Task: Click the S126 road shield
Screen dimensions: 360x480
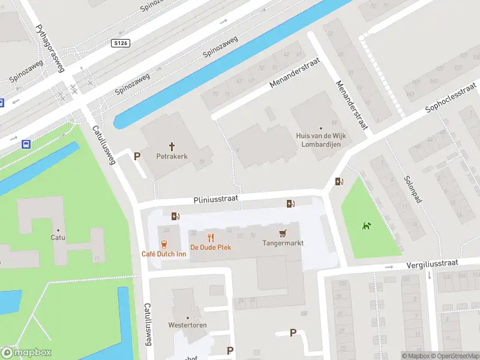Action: pyautogui.click(x=121, y=43)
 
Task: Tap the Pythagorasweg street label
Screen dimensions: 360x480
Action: pyautogui.click(x=50, y=48)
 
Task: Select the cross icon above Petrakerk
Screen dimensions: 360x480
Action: pyautogui.click(x=172, y=146)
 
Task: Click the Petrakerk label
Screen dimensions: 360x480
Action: pyautogui.click(x=172, y=156)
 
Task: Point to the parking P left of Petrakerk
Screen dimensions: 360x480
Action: pyautogui.click(x=137, y=156)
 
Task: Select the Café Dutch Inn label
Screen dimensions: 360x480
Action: pyautogui.click(x=163, y=254)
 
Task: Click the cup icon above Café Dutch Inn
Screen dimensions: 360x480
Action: pyautogui.click(x=163, y=244)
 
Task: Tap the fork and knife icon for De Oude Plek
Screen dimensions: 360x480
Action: pyautogui.click(x=211, y=238)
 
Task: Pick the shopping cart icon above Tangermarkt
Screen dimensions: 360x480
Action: pyautogui.click(x=283, y=233)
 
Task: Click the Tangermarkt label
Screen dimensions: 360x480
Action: pyautogui.click(x=283, y=243)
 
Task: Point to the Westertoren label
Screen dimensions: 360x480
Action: pyautogui.click(x=188, y=325)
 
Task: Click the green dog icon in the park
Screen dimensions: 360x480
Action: pyautogui.click(x=366, y=226)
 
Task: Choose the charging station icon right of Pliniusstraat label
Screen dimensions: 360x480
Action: pyautogui.click(x=291, y=204)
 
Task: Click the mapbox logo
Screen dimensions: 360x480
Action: pyautogui.click(x=26, y=353)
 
